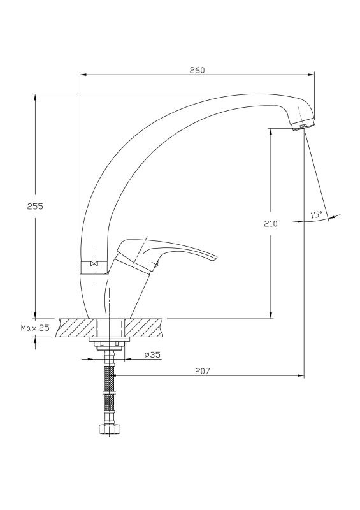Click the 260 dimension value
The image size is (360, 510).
pos(198,70)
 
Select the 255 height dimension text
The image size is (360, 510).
pos(35,206)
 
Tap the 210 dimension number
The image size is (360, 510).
pos(270,224)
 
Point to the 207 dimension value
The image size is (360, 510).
pos(202,371)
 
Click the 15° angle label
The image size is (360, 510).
pos(316,215)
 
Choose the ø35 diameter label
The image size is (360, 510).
pos(152,354)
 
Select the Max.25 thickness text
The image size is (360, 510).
pos(35,328)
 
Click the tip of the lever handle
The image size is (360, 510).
pos(215,257)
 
